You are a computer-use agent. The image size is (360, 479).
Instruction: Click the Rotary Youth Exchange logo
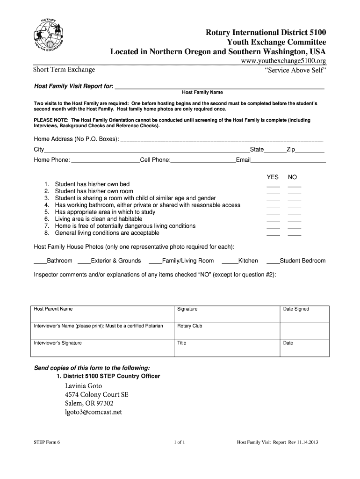(x=49, y=37)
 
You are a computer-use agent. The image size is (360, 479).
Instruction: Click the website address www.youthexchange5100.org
(x=283, y=61)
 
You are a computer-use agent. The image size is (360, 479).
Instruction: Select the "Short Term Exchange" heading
(x=64, y=70)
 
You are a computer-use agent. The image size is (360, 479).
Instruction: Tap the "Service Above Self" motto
(x=295, y=70)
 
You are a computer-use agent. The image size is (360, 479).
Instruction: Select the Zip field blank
(x=310, y=150)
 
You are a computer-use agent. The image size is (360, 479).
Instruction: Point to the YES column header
(x=273, y=177)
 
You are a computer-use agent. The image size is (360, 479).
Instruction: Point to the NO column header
(x=293, y=177)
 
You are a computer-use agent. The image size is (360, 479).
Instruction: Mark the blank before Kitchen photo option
(x=230, y=261)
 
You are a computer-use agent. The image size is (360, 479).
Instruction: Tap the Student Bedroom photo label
(x=302, y=261)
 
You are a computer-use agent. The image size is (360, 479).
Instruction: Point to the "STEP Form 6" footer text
(x=47, y=442)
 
